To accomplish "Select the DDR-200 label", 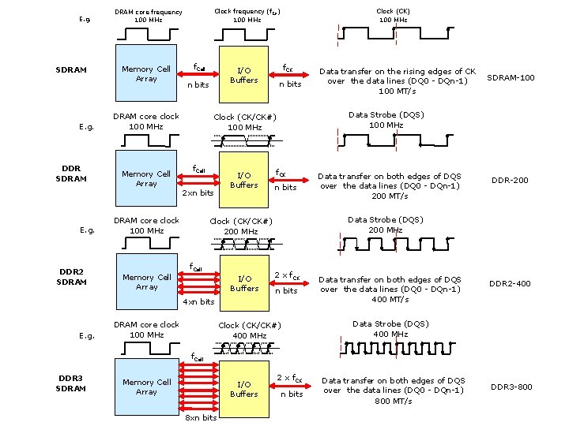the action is click(x=510, y=181).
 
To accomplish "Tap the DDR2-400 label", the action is click(x=510, y=284).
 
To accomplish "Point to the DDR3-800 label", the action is click(x=511, y=387).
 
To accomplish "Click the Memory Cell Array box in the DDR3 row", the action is click(x=146, y=387).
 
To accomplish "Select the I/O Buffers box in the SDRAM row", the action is click(x=243, y=76).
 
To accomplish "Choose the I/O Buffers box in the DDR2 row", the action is click(x=244, y=283).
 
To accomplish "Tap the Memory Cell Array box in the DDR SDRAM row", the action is click(x=146, y=179).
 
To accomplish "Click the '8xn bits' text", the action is click(x=200, y=418).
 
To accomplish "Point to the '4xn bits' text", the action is click(x=198, y=302).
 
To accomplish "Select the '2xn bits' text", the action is click(x=198, y=193).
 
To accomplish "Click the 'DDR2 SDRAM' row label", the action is click(x=72, y=277).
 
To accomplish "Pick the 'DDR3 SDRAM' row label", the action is click(x=72, y=383).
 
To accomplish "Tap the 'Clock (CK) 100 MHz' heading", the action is click(x=393, y=15).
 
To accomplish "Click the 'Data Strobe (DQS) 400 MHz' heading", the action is click(x=390, y=329).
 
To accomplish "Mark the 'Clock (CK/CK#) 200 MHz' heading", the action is click(x=240, y=226).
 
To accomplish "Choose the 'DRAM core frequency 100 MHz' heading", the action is click(x=149, y=16).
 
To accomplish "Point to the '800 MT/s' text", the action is click(x=393, y=402).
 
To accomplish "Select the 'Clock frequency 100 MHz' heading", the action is click(x=247, y=15).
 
